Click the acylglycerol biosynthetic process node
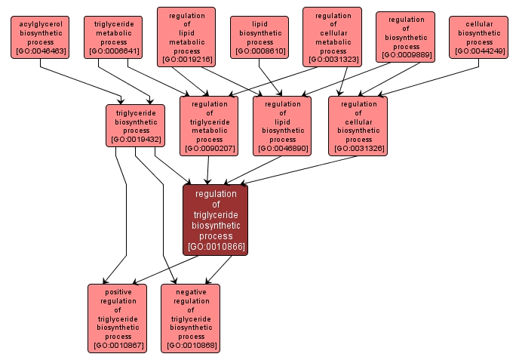39,38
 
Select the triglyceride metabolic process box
113,38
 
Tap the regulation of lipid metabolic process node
186,38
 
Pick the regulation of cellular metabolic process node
333,38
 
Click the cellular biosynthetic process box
479,38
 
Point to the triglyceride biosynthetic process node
135,125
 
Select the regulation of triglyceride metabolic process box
209,126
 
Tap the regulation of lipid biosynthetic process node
282,126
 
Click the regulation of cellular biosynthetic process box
358,126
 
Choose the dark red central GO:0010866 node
215,219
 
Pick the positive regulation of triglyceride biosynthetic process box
117,318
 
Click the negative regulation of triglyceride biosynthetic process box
191,318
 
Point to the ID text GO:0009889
406,55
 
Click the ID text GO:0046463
39,51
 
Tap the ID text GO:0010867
117,346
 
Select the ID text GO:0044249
479,51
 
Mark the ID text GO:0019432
135,139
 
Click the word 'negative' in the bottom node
191,291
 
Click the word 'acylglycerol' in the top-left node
39,24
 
